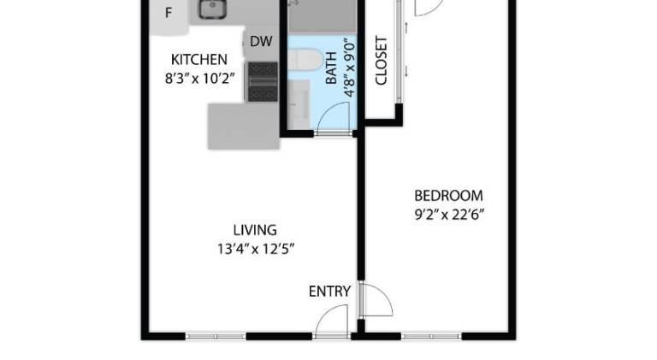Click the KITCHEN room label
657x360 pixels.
pos(199,60)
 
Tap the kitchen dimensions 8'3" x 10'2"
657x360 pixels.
pos(199,79)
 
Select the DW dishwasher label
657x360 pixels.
pos(261,41)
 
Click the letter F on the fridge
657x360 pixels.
pos(169,13)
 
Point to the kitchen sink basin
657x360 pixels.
pos(212,9)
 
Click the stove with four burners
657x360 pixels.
pos(263,81)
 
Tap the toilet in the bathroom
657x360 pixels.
pos(305,60)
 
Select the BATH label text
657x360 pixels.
pos(331,68)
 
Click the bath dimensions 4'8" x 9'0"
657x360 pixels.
pos(349,69)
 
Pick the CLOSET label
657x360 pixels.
pos(381,61)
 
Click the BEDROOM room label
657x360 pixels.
pos(448,196)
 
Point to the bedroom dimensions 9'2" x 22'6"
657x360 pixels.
pos(449,215)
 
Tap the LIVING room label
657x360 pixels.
pos(255,230)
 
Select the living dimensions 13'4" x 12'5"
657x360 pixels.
pos(256,249)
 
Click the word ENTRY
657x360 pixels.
pos(329,292)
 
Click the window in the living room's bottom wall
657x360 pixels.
pos(216,336)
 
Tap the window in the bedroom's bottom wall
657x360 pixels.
pos(431,336)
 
